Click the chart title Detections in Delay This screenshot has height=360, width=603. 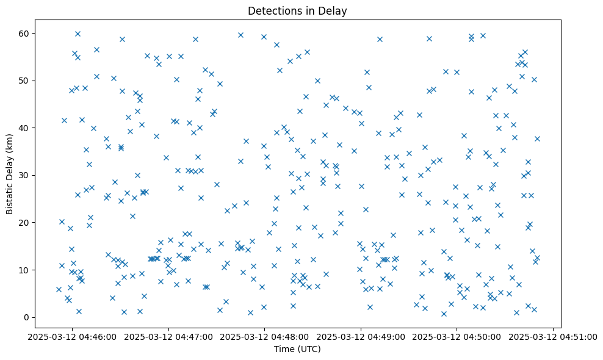click(297, 10)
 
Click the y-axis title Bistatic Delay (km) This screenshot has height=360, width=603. click(10, 174)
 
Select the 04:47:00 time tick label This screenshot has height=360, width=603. click(168, 336)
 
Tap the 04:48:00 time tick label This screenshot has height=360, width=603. click(264, 336)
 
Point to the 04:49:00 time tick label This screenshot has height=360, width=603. click(361, 336)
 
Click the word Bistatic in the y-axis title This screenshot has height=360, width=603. click(10, 194)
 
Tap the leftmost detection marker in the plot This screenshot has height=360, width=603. click(59, 289)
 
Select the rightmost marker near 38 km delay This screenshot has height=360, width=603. click(537, 139)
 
